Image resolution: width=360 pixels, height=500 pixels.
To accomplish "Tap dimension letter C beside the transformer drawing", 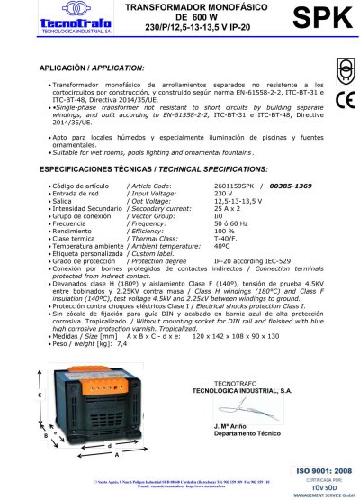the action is [x=40, y=395].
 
